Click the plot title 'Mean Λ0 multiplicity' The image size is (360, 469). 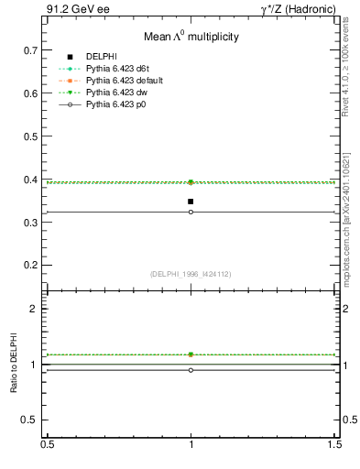pyautogui.click(x=191, y=38)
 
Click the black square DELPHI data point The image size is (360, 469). pyautogui.click(x=191, y=202)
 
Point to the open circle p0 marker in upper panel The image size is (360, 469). pyautogui.click(x=191, y=212)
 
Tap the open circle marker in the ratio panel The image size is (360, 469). pyautogui.click(x=191, y=370)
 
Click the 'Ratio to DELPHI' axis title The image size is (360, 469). pyautogui.click(x=14, y=365)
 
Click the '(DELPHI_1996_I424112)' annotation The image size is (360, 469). pyautogui.click(x=191, y=273)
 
